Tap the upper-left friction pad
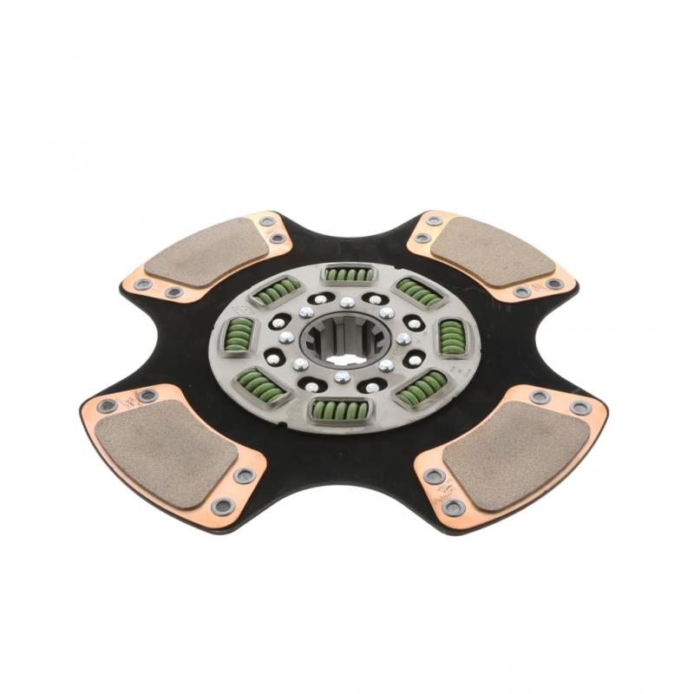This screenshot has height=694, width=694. (206, 252)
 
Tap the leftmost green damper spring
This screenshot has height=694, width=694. (238, 331)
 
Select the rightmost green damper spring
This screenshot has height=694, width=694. (452, 337)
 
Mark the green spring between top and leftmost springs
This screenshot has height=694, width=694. (276, 291)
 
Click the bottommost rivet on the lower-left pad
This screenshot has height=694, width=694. (223, 505)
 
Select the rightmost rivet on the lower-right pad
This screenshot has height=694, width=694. (579, 407)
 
